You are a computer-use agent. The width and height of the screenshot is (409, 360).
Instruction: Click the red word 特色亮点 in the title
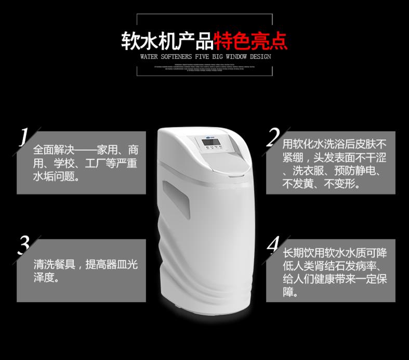click(252, 40)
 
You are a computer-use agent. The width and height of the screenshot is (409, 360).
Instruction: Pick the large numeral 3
click(23, 246)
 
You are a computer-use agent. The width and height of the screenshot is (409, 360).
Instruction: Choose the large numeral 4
click(273, 245)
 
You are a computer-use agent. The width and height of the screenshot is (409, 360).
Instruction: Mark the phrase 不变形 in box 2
click(342, 184)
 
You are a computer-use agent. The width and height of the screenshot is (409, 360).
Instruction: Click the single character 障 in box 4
click(288, 293)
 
